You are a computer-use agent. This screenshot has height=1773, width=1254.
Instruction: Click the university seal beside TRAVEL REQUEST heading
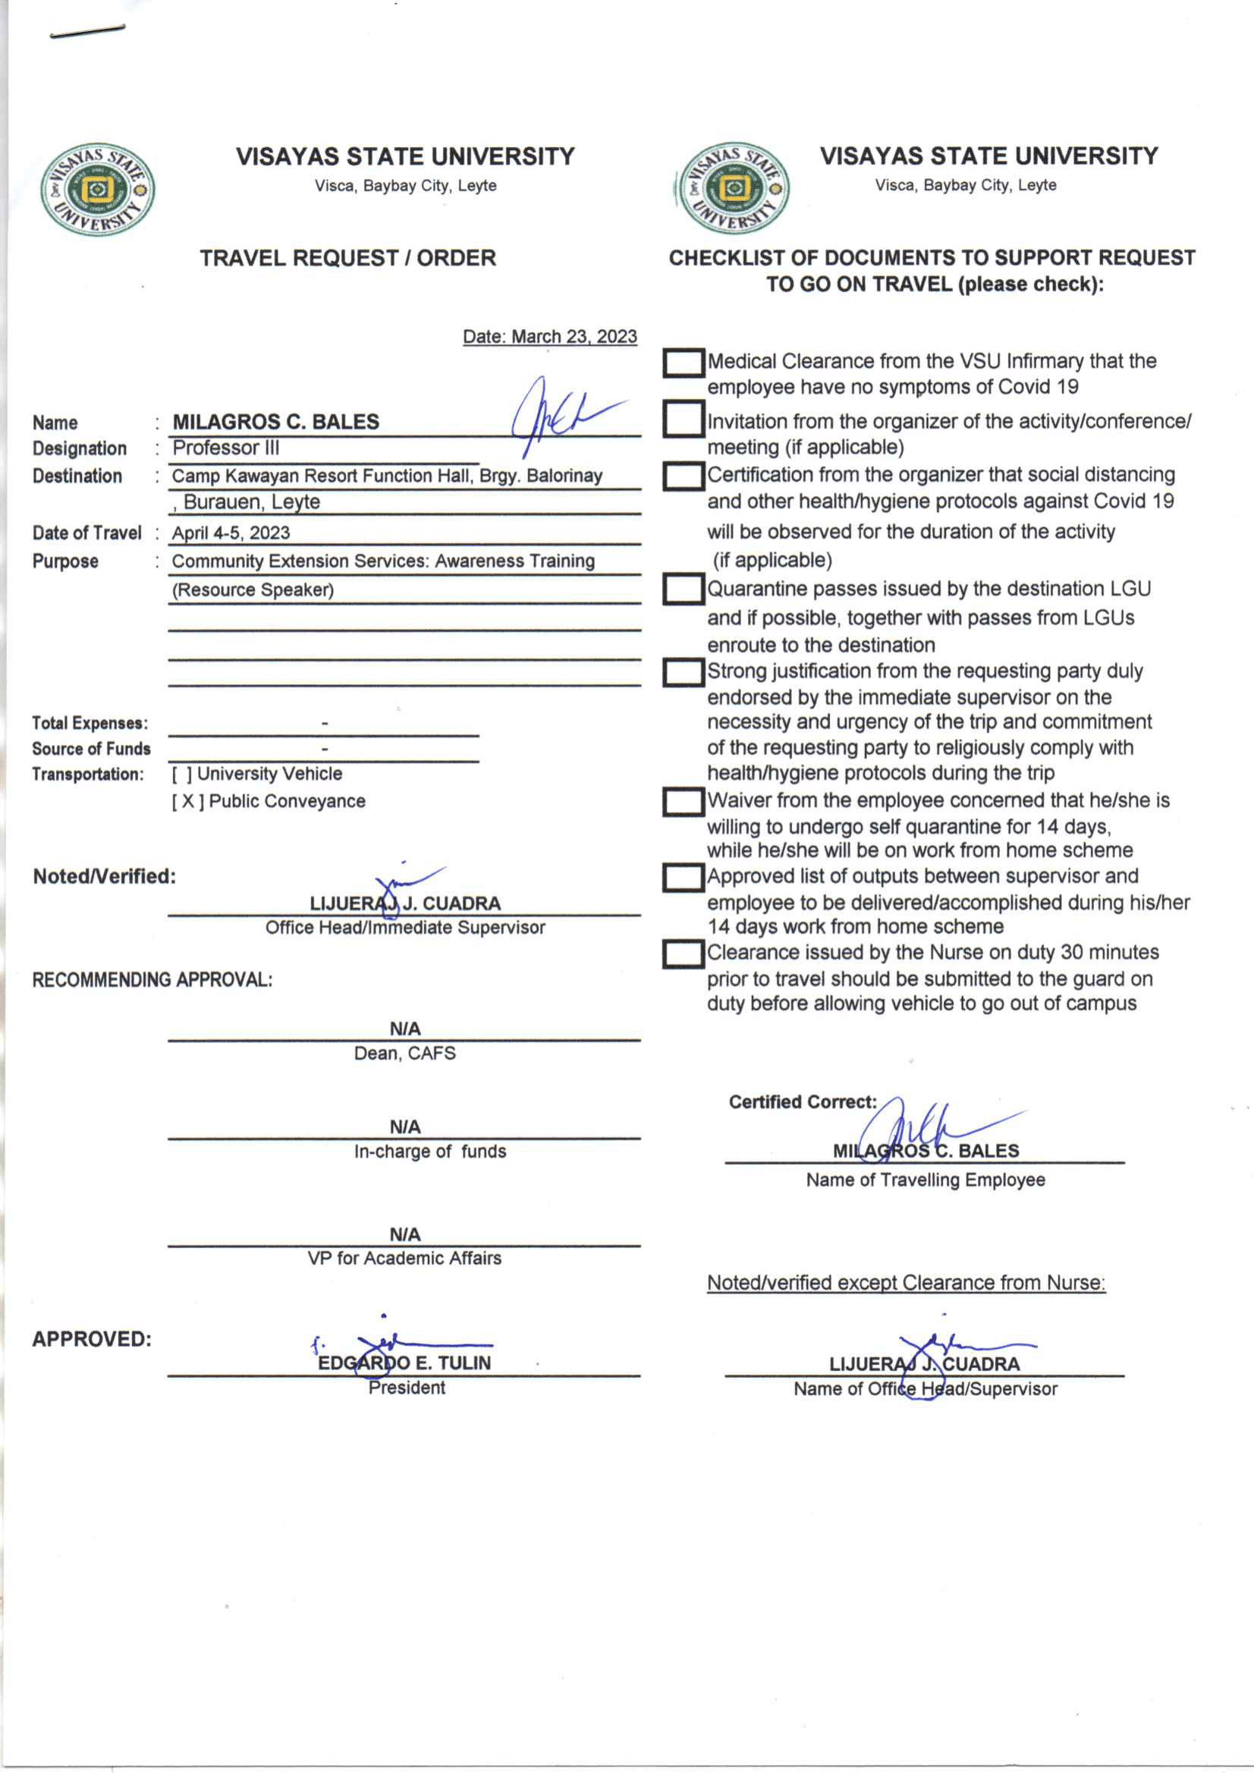coord(97,189)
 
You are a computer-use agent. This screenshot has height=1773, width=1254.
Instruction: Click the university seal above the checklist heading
coord(732,187)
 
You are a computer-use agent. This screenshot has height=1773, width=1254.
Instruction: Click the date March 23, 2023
coord(550,337)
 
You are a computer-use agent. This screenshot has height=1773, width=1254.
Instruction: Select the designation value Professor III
coord(225,448)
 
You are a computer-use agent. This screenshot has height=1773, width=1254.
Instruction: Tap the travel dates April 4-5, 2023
coord(231,533)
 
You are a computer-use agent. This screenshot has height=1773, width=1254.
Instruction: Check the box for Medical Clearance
coord(683,363)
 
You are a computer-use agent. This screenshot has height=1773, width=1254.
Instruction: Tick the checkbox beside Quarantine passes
coord(683,590)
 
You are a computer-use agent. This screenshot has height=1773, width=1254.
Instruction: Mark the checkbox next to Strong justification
coord(683,673)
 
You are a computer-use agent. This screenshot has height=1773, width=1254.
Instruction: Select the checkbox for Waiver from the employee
coord(683,802)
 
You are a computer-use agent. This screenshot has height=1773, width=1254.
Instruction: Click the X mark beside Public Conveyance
coord(187,802)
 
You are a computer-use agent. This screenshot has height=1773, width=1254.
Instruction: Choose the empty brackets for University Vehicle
coord(181,774)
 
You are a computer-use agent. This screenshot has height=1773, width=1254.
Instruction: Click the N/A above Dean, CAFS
coord(404,1029)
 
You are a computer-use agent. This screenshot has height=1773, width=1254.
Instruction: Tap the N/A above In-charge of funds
coord(404,1127)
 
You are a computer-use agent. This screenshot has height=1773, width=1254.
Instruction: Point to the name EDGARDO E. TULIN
coord(404,1363)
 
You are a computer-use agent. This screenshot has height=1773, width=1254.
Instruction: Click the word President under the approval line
coord(407,1388)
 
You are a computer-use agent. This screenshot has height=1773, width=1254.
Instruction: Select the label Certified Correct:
coord(803,1102)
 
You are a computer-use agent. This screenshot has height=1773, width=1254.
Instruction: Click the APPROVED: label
coord(92,1339)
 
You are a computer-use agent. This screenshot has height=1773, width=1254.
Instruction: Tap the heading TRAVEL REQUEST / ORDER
coord(347,258)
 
